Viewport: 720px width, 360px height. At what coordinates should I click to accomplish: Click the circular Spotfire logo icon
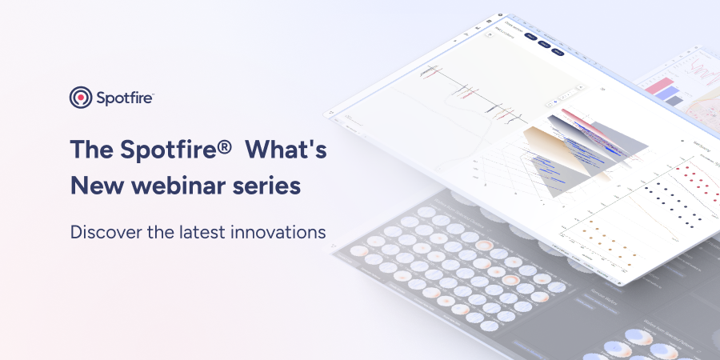pyautogui.click(x=81, y=98)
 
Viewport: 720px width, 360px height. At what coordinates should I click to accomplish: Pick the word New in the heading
pyautogui.click(x=94, y=186)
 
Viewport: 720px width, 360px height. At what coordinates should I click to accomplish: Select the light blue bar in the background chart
pyautogui.click(x=666, y=94)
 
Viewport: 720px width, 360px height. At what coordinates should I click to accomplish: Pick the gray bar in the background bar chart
pyautogui.click(x=674, y=101)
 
